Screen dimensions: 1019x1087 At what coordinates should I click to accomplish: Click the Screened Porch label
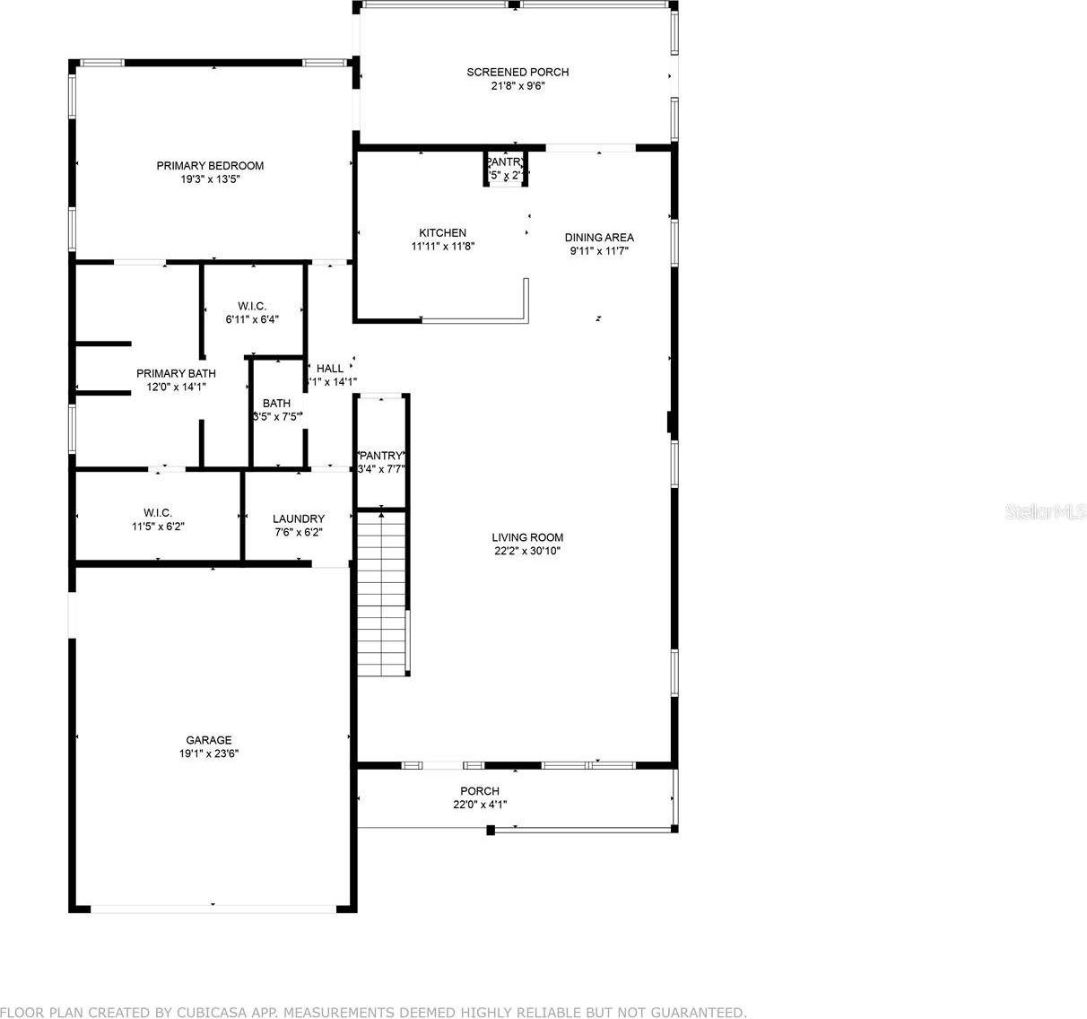pyautogui.click(x=517, y=72)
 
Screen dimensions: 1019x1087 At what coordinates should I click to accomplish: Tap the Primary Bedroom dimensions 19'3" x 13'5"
pyautogui.click(x=210, y=179)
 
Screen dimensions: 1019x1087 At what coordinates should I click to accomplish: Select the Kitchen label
pyautogui.click(x=442, y=232)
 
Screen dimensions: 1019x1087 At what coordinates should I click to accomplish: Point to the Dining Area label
pyautogui.click(x=599, y=237)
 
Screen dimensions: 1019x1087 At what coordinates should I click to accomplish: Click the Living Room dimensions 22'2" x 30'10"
pyautogui.click(x=527, y=551)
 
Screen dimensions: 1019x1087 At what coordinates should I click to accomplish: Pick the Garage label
pyautogui.click(x=208, y=740)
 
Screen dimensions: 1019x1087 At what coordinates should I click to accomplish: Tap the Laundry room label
pyautogui.click(x=299, y=518)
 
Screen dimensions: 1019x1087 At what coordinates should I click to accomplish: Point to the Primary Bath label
pyautogui.click(x=176, y=373)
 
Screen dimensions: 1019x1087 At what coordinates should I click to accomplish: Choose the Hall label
pyautogui.click(x=330, y=368)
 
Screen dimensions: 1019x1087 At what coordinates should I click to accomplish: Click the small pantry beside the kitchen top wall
pyautogui.click(x=506, y=169)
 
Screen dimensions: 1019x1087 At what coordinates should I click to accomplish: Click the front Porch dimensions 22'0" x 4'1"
pyautogui.click(x=480, y=805)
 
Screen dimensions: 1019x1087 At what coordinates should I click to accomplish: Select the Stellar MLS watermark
pyautogui.click(x=1045, y=512)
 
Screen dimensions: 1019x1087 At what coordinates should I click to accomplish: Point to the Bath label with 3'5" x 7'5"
pyautogui.click(x=276, y=403)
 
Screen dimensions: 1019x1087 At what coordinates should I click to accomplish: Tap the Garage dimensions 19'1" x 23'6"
pyautogui.click(x=208, y=753)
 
